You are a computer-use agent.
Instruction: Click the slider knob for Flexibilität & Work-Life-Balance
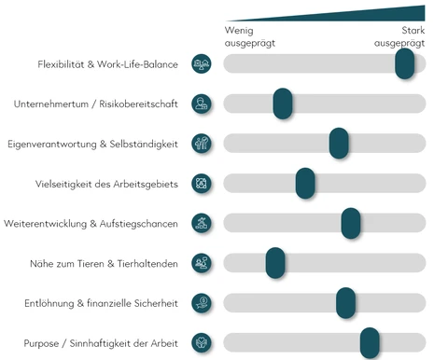pos(404,63)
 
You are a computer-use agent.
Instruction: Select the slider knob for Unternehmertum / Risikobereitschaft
pos(283,104)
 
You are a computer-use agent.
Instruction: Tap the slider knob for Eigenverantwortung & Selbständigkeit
pos(339,143)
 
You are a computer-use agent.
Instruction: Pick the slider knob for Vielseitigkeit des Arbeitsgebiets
pos(305,183)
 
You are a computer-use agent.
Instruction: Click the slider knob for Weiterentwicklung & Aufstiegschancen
pos(351,223)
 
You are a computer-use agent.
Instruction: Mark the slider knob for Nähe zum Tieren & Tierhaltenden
pos(274,263)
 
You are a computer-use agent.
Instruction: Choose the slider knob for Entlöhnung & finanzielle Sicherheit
pos(345,302)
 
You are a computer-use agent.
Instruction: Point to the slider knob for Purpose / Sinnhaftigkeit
pos(370,342)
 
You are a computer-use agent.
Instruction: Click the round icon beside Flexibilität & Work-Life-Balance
pos(201,63)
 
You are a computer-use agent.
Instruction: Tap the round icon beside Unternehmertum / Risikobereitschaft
pos(201,104)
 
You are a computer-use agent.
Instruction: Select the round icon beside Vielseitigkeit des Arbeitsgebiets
pos(201,183)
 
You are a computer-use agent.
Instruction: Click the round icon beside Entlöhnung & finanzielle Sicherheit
pos(201,302)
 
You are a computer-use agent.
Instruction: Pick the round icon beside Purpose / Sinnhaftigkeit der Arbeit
pos(201,342)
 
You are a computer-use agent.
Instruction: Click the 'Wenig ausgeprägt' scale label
pos(249,36)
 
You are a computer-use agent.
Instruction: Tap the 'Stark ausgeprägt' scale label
pos(399,36)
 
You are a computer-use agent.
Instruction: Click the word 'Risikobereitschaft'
pos(138,104)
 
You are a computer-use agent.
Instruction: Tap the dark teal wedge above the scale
pos(373,14)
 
